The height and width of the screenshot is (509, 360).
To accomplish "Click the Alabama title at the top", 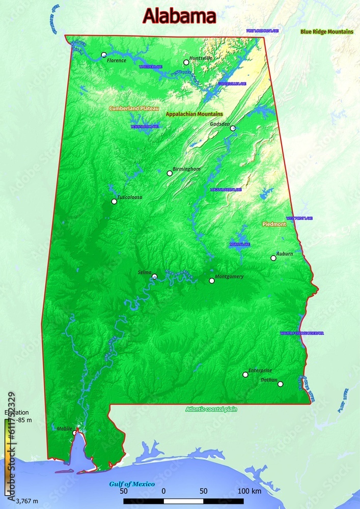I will coord(179,16).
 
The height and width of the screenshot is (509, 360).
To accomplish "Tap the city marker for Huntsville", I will coord(186,63).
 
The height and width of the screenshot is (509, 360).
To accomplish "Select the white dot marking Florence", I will coord(104,54).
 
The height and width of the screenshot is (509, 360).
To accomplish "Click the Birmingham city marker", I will coord(170,174).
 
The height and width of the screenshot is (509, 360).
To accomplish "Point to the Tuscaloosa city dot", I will coord(114,202).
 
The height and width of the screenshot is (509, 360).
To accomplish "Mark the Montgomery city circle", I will coord(212,281).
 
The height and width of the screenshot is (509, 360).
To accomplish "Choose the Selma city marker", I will coord(154,277).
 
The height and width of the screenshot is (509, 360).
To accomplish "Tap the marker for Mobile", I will coord(75,433).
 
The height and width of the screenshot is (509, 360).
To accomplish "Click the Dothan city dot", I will coord(280,384).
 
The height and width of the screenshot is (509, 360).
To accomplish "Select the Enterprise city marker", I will coord(245,375).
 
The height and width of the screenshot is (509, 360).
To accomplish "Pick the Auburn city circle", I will coord(273,258).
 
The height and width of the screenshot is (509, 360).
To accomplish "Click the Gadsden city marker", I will coord(233,128).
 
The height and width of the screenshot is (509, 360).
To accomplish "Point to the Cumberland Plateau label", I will coord(134,108).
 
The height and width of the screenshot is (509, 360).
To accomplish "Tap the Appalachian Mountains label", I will coord(194,114).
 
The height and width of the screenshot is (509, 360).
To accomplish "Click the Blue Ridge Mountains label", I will coord(326,32).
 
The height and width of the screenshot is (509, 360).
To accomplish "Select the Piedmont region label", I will coord(274,224).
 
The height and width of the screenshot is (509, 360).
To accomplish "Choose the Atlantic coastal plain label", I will coord(211,409).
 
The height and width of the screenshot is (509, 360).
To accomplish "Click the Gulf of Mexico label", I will coord(132,484).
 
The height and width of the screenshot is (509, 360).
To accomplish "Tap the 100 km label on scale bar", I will coord(249,491).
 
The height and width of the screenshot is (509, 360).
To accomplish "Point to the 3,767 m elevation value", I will coord(26,501).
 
